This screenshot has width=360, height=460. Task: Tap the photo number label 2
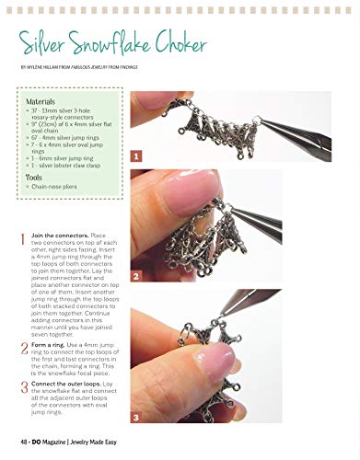[x=136, y=275]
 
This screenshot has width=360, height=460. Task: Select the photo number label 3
[x=136, y=416]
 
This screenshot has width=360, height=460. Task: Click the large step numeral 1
[x=23, y=240]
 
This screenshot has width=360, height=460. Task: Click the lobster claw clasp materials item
[x=70, y=166]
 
